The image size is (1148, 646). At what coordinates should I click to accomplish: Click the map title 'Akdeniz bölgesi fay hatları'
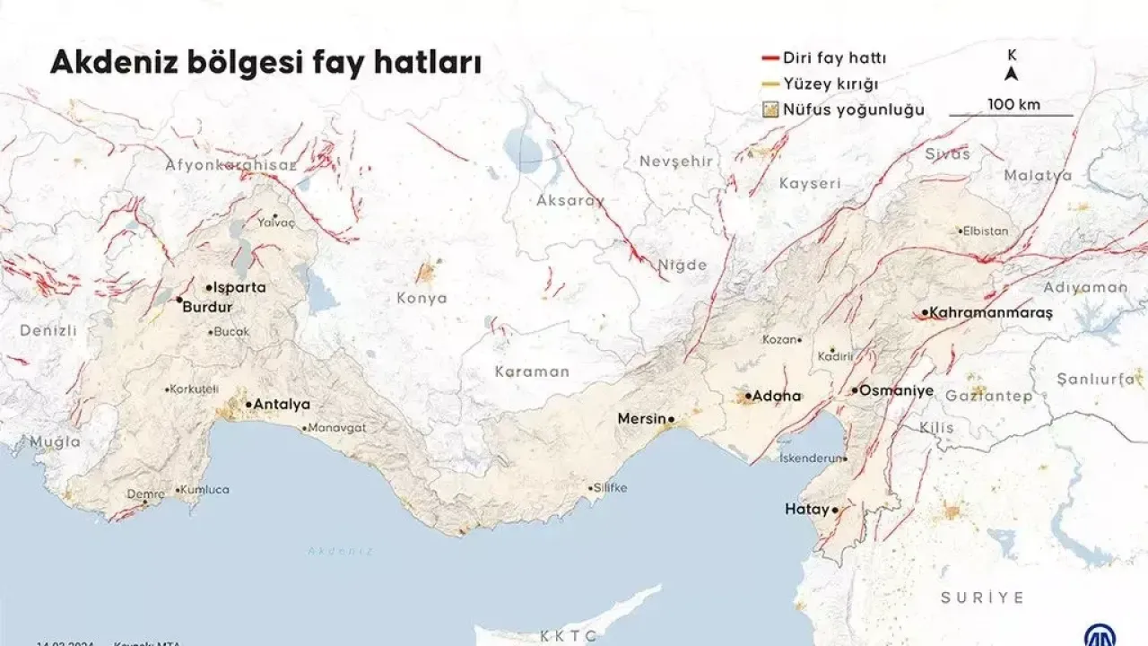click(x=265, y=63)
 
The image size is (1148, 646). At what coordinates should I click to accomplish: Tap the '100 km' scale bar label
click(x=1013, y=104)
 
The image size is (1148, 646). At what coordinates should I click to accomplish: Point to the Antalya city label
click(x=282, y=405)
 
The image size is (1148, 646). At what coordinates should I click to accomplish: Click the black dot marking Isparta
click(x=209, y=288)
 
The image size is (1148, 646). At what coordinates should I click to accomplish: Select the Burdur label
click(x=207, y=307)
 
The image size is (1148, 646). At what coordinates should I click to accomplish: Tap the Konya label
click(x=422, y=299)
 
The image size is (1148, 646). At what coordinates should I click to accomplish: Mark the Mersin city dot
click(x=671, y=419)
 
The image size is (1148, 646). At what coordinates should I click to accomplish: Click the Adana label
click(x=777, y=396)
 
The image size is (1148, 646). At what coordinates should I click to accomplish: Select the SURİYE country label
click(x=982, y=598)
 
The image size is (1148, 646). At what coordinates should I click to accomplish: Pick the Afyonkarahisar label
click(x=230, y=165)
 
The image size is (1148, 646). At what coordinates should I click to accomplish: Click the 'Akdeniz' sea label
click(x=340, y=551)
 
